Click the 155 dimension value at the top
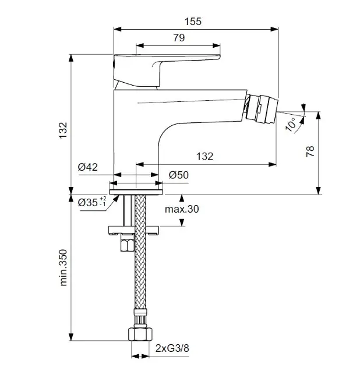(195, 22)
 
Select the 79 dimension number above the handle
(179, 38)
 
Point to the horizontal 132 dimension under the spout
(204, 156)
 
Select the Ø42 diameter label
(88, 167)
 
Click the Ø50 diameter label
(179, 175)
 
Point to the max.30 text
(181, 209)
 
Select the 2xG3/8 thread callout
(173, 350)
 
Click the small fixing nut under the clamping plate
(125, 243)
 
